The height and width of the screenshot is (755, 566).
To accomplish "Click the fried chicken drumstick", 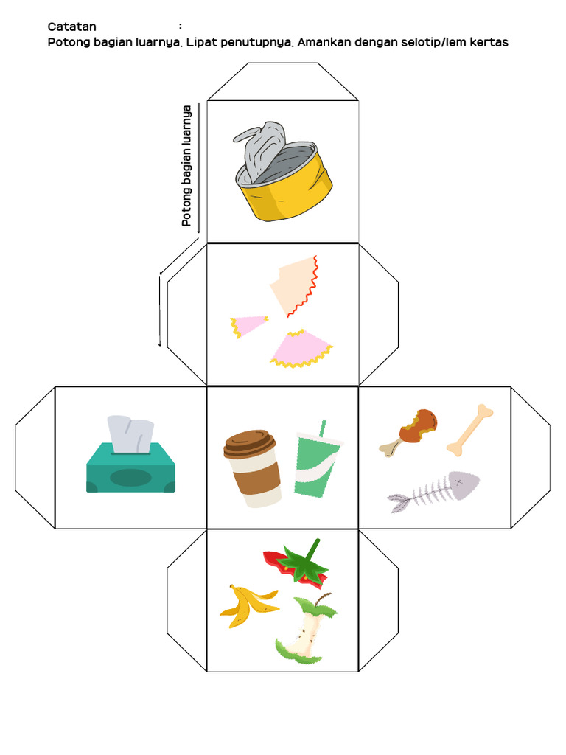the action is pos(409,431).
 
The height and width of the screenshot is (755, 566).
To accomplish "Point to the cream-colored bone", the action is pos(469,430).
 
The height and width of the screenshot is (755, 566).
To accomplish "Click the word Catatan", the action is pos(71,27).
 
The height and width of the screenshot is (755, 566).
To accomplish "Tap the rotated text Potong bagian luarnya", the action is pos(186,166).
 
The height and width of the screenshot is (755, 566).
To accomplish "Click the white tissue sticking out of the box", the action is pos(130,434).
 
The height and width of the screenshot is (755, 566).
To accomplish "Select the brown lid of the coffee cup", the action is pos(249,443).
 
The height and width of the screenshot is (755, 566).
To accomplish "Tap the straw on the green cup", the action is pos(322,428).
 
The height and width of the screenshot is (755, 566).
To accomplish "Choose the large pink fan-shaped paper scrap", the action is pos(301,349).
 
